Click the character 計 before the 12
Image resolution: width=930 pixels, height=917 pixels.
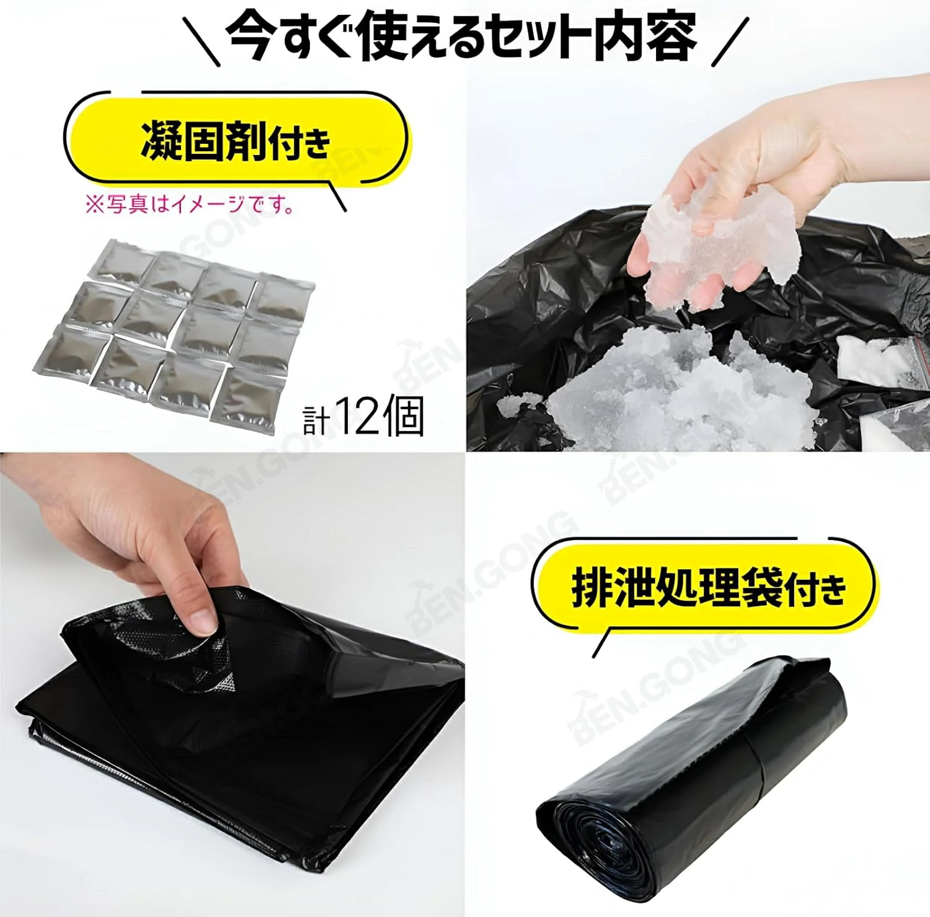click(316, 421)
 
